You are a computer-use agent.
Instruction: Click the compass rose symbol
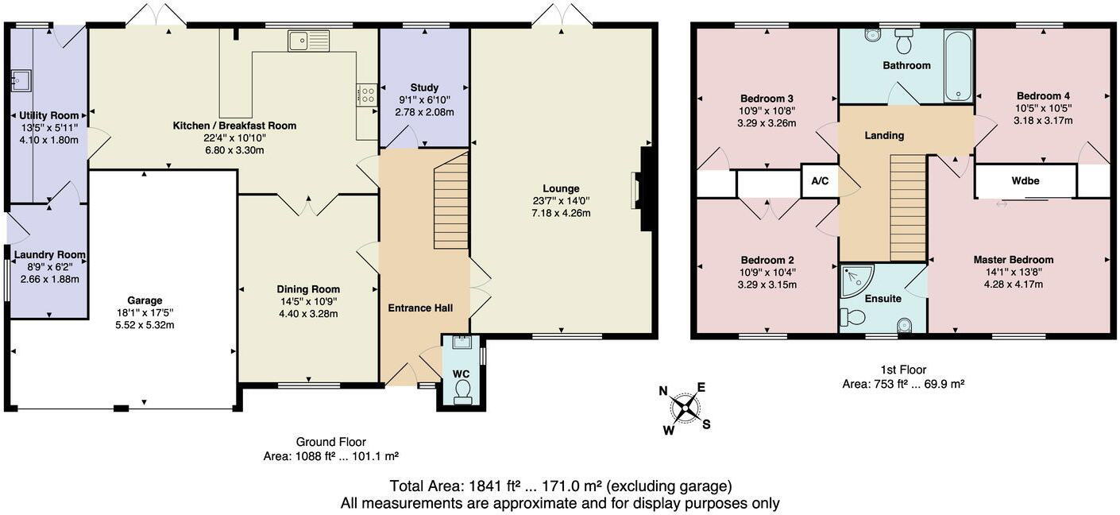[x=685, y=408]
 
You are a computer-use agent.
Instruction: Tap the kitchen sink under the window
[x=308, y=41]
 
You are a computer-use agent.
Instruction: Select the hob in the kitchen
[x=368, y=95]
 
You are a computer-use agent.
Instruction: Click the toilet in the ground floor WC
[x=462, y=389]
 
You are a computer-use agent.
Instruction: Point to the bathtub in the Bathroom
[x=958, y=66]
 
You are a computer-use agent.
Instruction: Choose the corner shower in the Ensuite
[x=855, y=279]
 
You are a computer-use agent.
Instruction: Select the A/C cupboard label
[x=820, y=181]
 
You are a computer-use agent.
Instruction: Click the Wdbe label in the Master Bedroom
[x=1025, y=181]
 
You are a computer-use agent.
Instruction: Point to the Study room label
[x=424, y=87]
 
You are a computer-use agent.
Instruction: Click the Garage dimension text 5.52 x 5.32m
[x=145, y=324]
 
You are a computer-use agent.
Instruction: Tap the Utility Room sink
[x=20, y=79]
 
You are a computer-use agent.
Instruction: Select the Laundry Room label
[x=50, y=255]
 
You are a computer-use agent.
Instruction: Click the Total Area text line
[x=560, y=486]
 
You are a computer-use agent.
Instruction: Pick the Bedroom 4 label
[x=1043, y=95]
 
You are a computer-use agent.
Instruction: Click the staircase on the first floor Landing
[x=908, y=207]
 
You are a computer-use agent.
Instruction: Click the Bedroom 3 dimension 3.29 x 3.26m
[x=767, y=123]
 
